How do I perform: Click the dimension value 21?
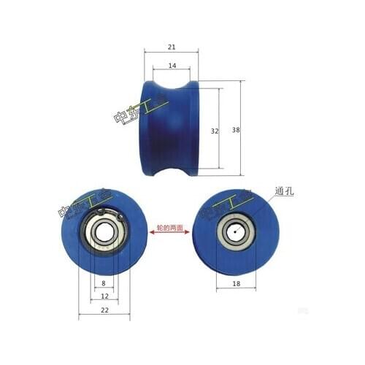172,47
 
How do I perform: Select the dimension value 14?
172,66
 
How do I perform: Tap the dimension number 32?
214,131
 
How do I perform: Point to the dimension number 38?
235,129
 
